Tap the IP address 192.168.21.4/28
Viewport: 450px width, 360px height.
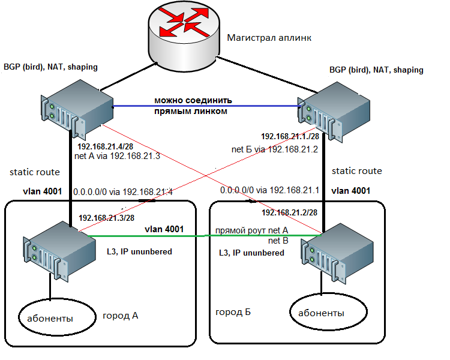pyautogui.click(x=106, y=146)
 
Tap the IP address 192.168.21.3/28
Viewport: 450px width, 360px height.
pyautogui.click(x=106, y=217)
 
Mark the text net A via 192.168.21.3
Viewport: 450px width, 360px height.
pyautogui.click(x=118, y=157)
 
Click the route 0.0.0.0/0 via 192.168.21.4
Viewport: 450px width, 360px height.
pyautogui.click(x=123, y=192)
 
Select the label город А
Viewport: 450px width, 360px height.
pyautogui.click(x=121, y=316)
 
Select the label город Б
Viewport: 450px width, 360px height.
pyautogui.click(x=233, y=313)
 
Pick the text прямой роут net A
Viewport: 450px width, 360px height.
pyautogui.click(x=252, y=230)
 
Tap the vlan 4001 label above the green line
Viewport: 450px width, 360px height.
pyautogui.click(x=164, y=229)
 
